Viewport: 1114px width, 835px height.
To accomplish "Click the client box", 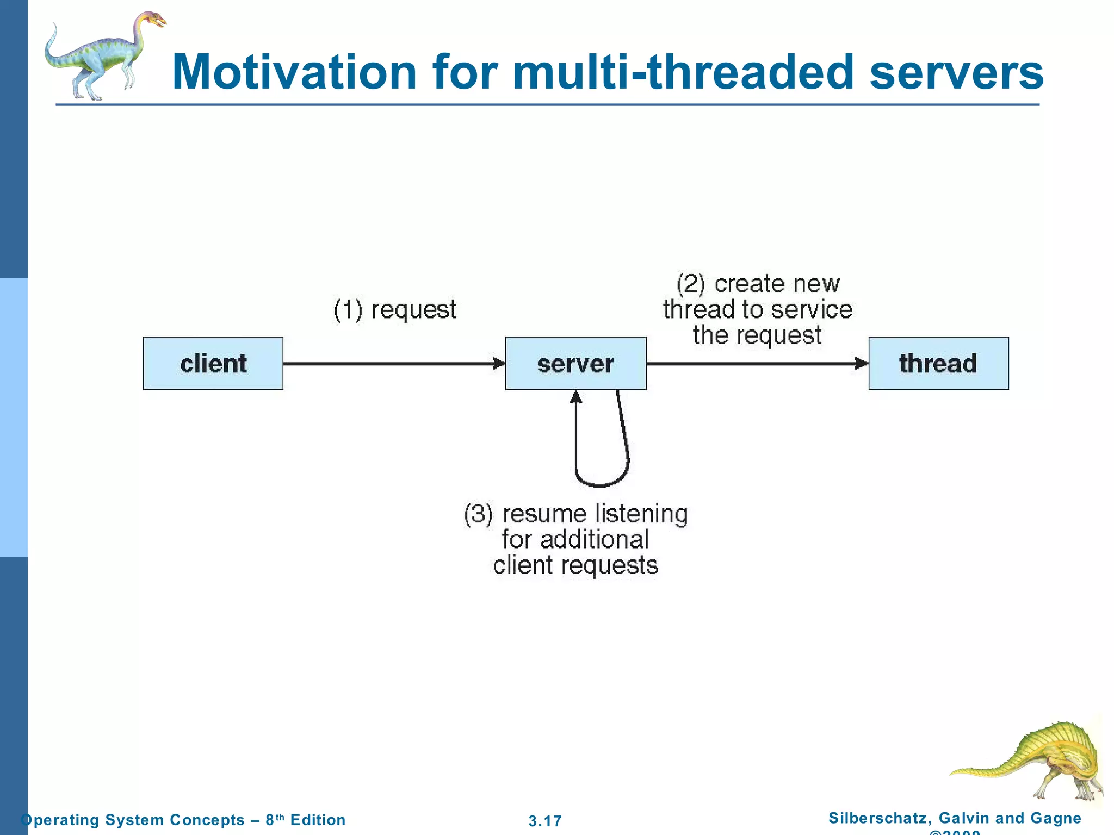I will [213, 363].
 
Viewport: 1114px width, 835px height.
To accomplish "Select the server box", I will [575, 363].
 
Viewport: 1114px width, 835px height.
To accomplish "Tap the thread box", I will [938, 363].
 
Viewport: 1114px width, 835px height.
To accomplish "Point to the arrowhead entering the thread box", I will [862, 363].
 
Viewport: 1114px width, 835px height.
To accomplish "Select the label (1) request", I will [395, 310].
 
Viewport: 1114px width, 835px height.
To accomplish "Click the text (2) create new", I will [758, 284].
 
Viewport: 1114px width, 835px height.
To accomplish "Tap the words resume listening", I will [595, 514].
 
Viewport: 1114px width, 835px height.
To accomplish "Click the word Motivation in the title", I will [294, 72].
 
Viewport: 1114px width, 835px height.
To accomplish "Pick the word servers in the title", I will [956, 72].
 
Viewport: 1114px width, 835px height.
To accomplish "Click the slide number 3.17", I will [545, 820].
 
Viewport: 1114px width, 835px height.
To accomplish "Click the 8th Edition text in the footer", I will [305, 819].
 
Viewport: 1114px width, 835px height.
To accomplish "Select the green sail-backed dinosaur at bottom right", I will [1033, 761].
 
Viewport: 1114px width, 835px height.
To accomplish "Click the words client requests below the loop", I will [575, 565].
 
